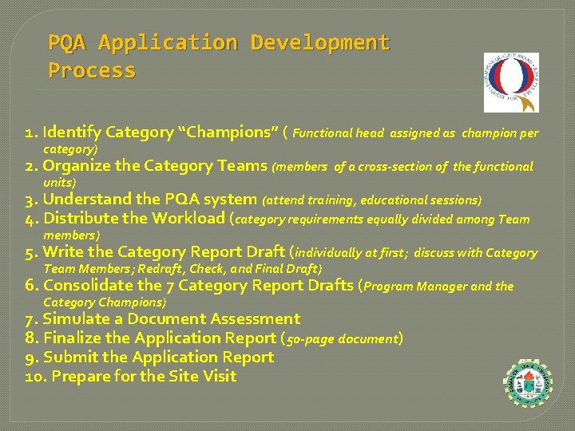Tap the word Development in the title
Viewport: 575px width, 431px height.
pyautogui.click(x=320, y=42)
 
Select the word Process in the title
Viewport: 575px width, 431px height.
pyautogui.click(x=92, y=70)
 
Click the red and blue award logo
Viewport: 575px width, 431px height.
pyautogui.click(x=511, y=83)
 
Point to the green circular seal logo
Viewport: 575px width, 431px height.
pyautogui.click(x=529, y=385)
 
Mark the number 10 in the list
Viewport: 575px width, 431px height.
pyautogui.click(x=33, y=376)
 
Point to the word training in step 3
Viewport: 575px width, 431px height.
pyautogui.click(x=324, y=200)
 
